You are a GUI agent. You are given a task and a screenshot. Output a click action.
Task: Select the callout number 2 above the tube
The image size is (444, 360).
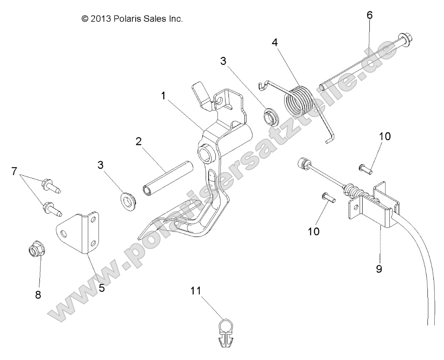click(x=139, y=142)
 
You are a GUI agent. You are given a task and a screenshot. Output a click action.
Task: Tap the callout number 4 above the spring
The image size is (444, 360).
click(x=275, y=42)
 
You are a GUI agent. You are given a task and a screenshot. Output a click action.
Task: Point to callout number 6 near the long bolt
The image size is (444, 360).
click(x=369, y=15)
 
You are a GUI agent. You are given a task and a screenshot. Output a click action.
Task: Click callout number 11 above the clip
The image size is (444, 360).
click(x=195, y=291)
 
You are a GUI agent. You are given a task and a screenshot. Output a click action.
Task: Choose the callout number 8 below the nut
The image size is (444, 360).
click(x=38, y=295)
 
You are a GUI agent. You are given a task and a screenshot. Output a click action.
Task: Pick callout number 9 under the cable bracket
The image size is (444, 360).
click(x=379, y=269)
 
